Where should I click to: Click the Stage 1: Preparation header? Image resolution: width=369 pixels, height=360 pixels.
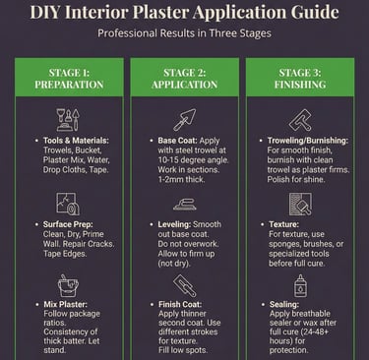[69, 79]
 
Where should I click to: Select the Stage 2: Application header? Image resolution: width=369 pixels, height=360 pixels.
[185, 79]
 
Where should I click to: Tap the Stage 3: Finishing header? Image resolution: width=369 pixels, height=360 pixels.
[300, 79]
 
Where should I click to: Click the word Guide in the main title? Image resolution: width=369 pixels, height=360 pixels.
[315, 12]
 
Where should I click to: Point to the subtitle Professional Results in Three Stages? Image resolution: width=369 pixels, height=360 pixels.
[184, 33]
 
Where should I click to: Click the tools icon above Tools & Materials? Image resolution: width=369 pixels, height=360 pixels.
[68, 120]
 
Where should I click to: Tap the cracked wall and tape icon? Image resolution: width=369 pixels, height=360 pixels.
[68, 204]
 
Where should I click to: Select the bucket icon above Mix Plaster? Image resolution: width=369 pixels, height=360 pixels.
[68, 286]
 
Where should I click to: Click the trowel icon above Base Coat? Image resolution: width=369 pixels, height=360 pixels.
[185, 120]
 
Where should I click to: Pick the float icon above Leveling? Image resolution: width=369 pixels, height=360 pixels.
[185, 205]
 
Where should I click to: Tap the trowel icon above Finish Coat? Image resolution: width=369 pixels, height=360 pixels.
[184, 285]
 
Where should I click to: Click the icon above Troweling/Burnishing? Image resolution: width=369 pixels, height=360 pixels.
[300, 120]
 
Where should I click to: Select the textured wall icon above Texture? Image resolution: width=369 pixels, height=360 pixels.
[300, 204]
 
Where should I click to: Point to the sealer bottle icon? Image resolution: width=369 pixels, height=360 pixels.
[300, 286]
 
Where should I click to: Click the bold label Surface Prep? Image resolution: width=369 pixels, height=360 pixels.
[68, 224]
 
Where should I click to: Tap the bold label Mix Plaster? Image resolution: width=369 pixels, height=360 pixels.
[66, 304]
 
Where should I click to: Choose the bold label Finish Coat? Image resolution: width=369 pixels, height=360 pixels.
[180, 304]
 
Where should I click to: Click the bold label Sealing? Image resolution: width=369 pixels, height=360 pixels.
[284, 304]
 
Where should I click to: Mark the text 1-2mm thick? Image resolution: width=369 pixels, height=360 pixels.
[181, 179]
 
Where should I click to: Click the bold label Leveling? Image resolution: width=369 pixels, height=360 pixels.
[174, 224]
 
